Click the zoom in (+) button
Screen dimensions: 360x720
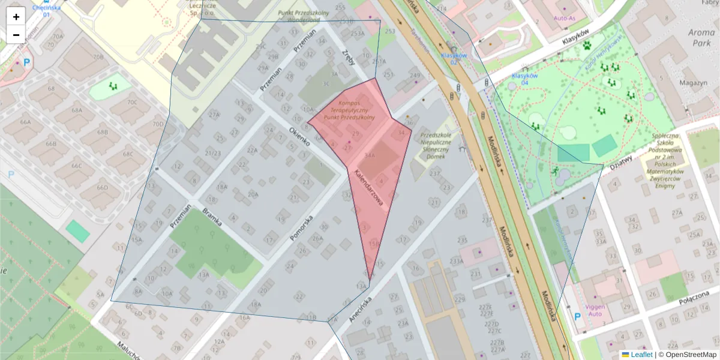pos(16,16)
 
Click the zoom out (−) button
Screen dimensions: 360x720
pos(16,34)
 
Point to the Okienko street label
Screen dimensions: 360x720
pos(299,137)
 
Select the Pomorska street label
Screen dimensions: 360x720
pos(302,228)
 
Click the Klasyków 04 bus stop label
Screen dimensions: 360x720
pos(524,79)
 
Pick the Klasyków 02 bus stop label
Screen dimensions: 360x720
pos(454,58)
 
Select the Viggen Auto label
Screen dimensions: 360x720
pos(595,310)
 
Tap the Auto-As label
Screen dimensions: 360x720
pos(565,18)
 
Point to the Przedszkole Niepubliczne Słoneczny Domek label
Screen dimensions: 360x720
pos(440,146)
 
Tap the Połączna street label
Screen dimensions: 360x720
pos(689,295)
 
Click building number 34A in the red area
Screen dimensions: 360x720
pos(370,155)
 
